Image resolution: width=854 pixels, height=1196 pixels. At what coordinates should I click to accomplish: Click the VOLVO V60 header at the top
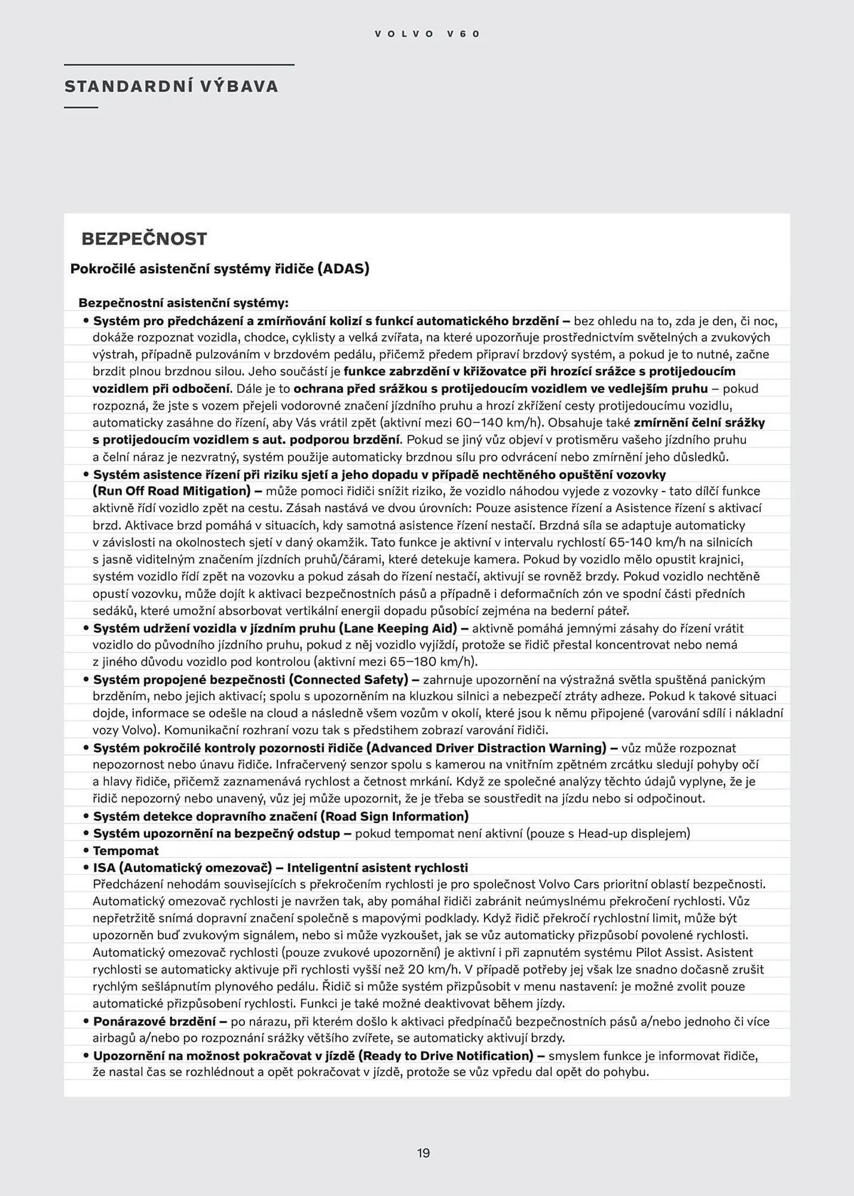(x=427, y=34)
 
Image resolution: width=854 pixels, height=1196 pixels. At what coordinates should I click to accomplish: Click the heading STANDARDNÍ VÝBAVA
(x=172, y=87)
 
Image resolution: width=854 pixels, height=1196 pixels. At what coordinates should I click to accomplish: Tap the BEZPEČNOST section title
(x=144, y=239)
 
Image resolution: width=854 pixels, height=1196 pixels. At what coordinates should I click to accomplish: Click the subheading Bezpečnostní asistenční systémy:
(x=183, y=303)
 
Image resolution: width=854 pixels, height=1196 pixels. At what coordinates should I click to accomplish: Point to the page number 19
(x=424, y=1153)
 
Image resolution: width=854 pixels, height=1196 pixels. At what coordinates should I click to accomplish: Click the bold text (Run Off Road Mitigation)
(x=172, y=491)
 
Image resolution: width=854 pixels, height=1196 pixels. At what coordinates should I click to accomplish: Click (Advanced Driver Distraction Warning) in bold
(x=486, y=748)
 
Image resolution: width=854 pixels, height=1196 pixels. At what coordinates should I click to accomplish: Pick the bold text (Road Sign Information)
(x=394, y=816)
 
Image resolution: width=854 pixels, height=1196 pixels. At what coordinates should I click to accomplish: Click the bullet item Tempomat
(x=126, y=850)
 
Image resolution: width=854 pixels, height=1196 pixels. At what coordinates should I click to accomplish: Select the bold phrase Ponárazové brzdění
(x=154, y=1021)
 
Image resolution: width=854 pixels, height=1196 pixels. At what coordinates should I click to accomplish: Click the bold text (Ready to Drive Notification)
(x=446, y=1056)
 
